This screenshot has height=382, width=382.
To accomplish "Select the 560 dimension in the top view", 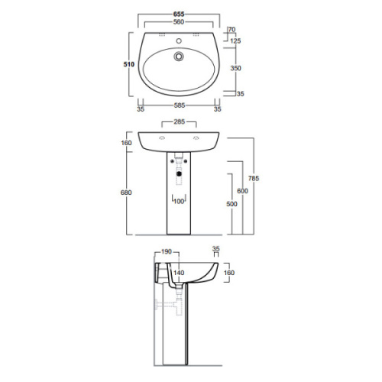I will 179,22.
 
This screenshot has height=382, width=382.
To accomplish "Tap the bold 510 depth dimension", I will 129,66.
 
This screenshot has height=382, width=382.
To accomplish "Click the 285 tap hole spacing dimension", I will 179,121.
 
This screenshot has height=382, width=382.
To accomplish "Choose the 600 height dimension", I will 242,191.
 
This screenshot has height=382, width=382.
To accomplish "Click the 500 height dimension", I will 231,204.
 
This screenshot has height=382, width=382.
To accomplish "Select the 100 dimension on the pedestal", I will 179,201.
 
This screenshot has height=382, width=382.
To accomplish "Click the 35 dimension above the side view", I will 216,249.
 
